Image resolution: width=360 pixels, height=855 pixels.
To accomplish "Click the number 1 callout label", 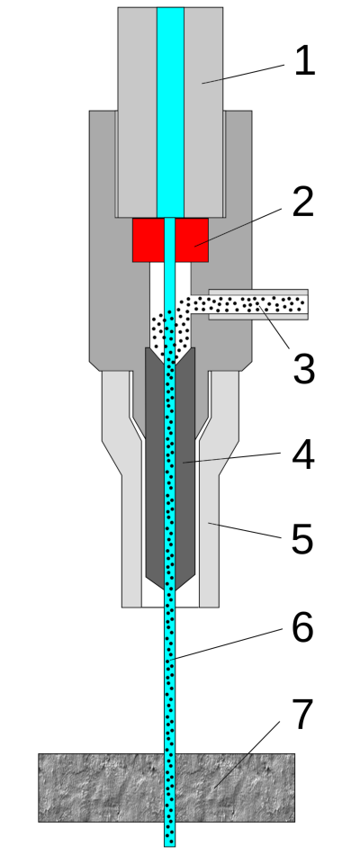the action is [304, 60].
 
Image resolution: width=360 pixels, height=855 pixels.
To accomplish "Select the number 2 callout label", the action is [303, 202].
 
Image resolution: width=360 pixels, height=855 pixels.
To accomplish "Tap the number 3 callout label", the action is [304, 369].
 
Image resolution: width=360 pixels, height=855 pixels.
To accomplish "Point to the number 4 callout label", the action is [303, 454].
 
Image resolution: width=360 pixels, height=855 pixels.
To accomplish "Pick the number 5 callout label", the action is [302, 539].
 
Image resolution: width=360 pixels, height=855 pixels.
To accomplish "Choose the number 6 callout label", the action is [302, 627].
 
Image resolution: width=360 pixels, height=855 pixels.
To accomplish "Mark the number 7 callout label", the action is [303, 714].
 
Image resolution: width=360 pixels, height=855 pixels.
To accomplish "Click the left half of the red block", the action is [148, 240].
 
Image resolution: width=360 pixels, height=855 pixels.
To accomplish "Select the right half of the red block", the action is [192, 240].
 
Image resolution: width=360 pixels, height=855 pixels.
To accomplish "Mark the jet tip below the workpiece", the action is [169, 834].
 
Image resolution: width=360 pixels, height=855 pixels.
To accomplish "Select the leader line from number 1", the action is [243, 74].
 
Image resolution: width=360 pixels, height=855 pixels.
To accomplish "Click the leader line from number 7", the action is [247, 755].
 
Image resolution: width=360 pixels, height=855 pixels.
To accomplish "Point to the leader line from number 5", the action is [245, 531].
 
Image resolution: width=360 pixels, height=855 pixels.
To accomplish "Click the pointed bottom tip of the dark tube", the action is [169, 588].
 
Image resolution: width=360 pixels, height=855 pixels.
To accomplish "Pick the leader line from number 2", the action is [238, 228].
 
